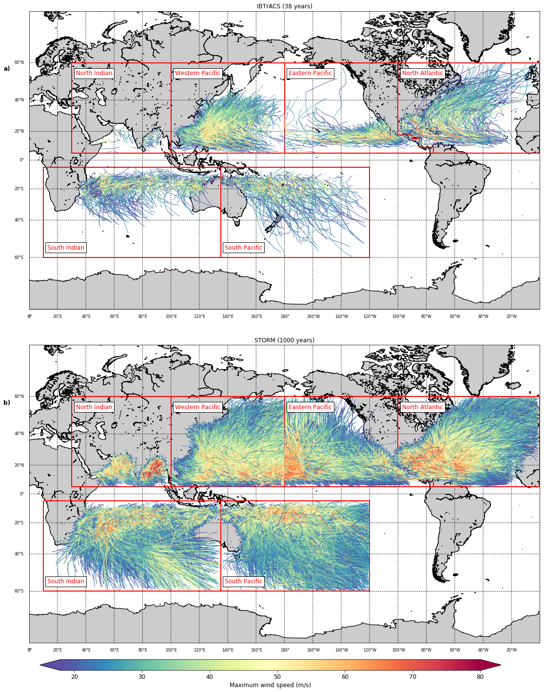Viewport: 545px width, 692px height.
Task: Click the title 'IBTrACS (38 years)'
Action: (284, 6)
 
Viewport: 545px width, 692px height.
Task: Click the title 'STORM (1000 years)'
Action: (284, 340)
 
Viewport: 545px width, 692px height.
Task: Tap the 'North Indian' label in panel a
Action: (94, 73)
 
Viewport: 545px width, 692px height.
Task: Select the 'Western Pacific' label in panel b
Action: (197, 407)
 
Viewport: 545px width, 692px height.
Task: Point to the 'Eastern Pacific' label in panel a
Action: (310, 73)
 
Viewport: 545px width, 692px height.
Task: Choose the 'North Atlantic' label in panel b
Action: (422, 407)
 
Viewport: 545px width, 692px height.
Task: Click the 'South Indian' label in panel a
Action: (66, 248)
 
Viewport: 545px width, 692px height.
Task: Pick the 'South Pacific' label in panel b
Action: (243, 581)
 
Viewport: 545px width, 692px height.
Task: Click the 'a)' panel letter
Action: (7, 69)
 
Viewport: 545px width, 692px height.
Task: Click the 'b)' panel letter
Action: (7, 403)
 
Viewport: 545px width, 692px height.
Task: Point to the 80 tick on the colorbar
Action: (480, 676)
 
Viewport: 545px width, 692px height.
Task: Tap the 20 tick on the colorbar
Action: (75, 676)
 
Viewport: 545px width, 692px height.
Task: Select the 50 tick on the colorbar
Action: (277, 676)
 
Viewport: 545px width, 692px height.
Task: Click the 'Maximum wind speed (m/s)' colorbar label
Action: (270, 685)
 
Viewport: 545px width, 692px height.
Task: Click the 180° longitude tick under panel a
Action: (285, 316)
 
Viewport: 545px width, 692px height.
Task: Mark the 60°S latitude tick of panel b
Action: (19, 591)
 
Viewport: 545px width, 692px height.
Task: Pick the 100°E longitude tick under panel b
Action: (171, 650)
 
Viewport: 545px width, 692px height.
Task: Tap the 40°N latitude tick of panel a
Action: (19, 100)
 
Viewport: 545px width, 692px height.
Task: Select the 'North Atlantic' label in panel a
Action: (422, 73)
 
